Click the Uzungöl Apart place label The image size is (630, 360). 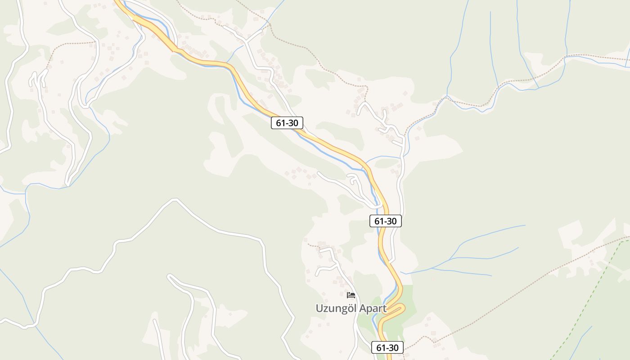[351, 308]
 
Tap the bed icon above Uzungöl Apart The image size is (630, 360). [351, 295]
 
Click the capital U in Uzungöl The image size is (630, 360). [319, 309]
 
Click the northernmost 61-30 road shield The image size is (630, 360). [287, 122]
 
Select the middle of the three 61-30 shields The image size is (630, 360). [385, 221]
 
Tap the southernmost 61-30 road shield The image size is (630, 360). [387, 347]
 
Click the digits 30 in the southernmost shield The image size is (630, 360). [393, 347]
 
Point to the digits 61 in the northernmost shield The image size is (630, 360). [280, 122]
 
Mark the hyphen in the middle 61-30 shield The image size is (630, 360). [385, 221]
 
